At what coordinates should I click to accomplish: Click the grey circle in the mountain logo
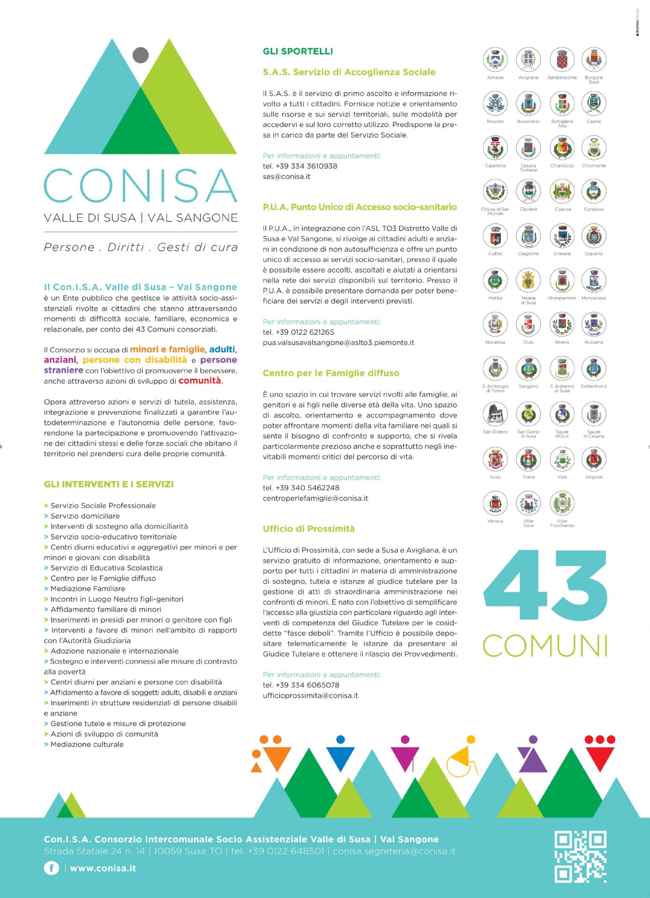click(x=140, y=55)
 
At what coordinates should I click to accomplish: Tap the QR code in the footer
click(x=580, y=856)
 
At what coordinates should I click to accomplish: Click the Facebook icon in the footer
click(x=51, y=868)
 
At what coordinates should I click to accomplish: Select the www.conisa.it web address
click(x=103, y=869)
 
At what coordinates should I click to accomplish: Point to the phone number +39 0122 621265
click(x=304, y=332)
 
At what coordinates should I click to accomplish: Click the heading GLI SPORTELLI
click(x=298, y=51)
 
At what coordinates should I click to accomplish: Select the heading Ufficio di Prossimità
click(x=309, y=529)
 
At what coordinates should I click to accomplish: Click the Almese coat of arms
click(x=495, y=60)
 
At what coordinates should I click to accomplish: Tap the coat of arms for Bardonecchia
click(x=562, y=60)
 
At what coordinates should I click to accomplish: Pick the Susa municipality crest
click(x=495, y=459)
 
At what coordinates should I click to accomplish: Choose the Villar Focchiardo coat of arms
click(x=562, y=504)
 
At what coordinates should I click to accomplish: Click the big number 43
click(x=545, y=586)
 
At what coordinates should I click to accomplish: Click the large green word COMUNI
click(x=545, y=646)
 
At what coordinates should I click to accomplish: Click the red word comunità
click(x=199, y=381)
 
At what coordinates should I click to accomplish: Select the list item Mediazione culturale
click(x=87, y=745)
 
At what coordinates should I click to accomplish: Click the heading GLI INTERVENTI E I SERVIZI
click(x=108, y=485)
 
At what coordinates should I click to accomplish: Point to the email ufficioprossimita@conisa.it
click(x=310, y=695)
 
